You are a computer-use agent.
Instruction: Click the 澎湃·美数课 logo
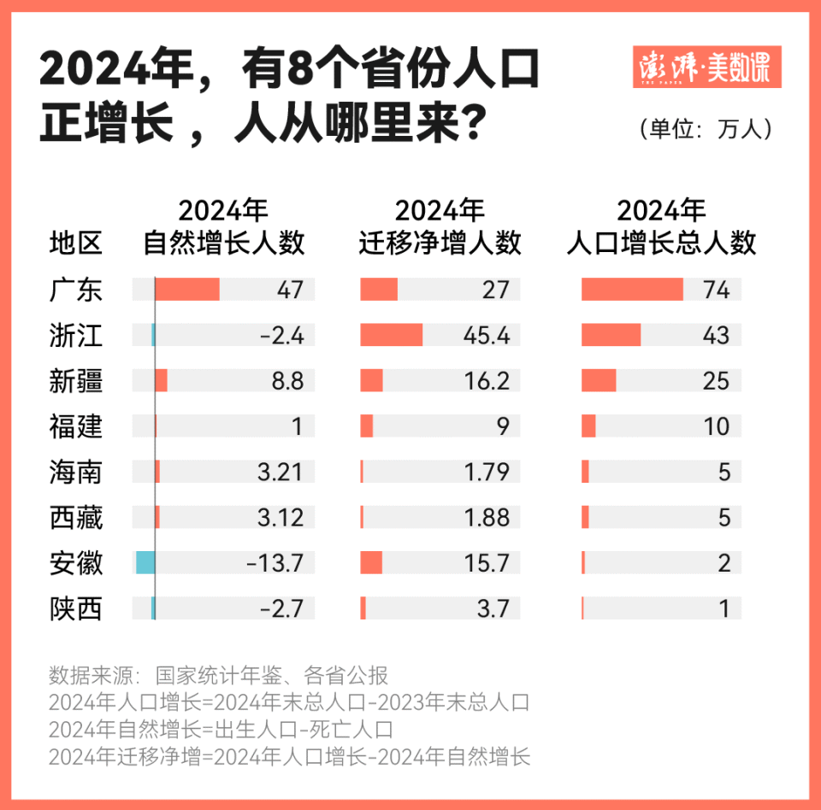tap(706, 67)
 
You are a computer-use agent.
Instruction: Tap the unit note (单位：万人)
tap(706, 128)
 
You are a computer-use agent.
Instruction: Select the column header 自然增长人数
tap(223, 227)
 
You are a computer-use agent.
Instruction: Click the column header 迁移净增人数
tap(440, 227)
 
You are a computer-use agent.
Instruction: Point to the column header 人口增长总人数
tap(661, 227)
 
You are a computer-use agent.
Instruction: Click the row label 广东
tap(76, 290)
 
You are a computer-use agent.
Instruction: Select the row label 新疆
tap(76, 380)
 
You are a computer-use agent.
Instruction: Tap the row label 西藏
tap(76, 517)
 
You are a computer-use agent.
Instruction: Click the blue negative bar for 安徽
tap(145, 562)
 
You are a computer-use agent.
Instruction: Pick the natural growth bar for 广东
tap(187, 290)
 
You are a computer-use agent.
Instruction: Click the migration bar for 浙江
tap(392, 335)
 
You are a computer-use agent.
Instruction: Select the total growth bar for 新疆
tap(599, 380)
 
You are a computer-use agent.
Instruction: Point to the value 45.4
tap(486, 335)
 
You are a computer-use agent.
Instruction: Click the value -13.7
tap(275, 562)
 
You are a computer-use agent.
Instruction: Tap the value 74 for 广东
tap(716, 290)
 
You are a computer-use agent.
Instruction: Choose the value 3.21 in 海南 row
tap(280, 472)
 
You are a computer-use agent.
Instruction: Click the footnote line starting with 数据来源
tap(219, 675)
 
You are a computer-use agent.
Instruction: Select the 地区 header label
tap(76, 244)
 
